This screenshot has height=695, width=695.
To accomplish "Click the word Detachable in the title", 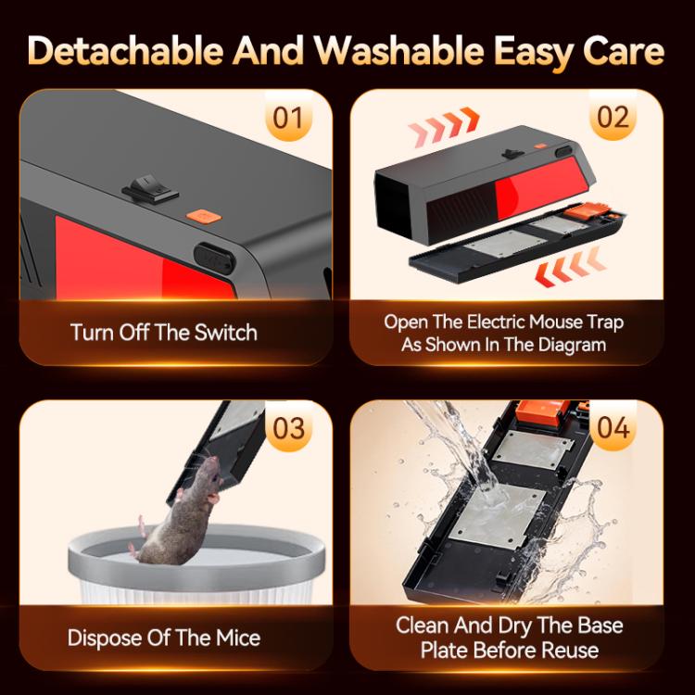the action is (x=125, y=50).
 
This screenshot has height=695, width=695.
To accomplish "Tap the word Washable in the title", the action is (x=398, y=50).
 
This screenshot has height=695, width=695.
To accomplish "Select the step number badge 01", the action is (x=288, y=118).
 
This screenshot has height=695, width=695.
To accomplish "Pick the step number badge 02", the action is (x=613, y=117).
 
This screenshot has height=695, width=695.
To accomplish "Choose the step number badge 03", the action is (x=288, y=428).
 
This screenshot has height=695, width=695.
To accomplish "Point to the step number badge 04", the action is (x=613, y=428).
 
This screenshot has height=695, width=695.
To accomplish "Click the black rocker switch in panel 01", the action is (x=150, y=189).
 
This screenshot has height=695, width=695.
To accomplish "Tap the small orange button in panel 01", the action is (x=204, y=216).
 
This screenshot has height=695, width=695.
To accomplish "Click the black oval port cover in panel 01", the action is (x=214, y=258).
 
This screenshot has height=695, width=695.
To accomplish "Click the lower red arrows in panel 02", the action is (x=570, y=267).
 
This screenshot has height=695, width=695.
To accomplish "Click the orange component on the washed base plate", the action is (x=543, y=411).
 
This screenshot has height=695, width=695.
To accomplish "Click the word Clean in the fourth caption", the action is (x=422, y=625).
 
